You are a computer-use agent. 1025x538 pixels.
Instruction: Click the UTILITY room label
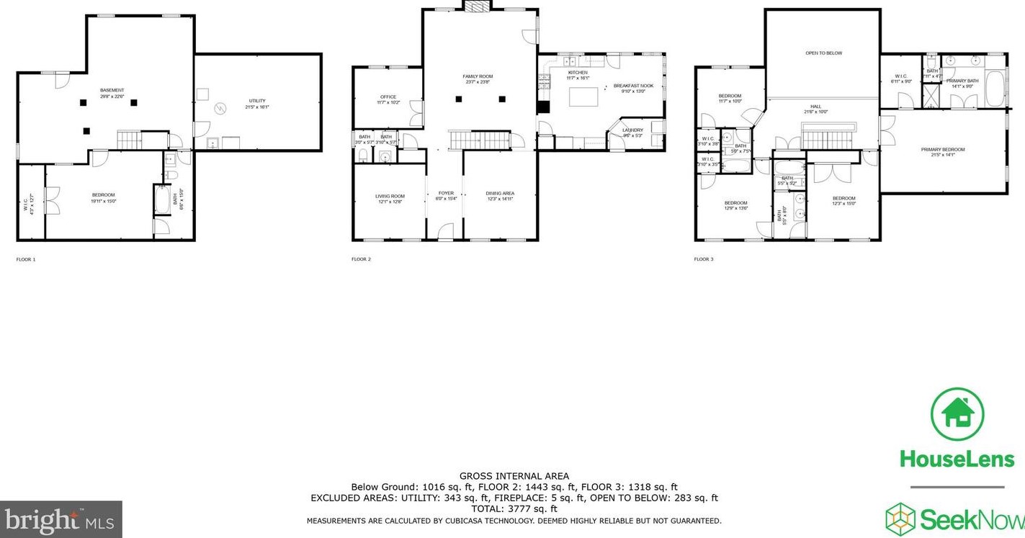(x=257, y=100)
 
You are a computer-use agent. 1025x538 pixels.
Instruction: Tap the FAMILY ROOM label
(x=477, y=76)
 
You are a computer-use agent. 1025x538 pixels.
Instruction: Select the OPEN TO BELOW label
(x=823, y=53)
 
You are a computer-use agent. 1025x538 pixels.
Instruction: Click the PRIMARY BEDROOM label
(x=942, y=150)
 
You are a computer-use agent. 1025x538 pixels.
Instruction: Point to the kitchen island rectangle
(x=583, y=97)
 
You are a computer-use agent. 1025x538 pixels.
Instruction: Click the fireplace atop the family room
(x=477, y=6)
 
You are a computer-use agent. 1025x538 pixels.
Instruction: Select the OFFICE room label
(x=388, y=97)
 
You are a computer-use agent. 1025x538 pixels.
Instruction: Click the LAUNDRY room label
(x=632, y=130)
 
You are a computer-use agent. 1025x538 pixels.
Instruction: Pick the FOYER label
(x=447, y=193)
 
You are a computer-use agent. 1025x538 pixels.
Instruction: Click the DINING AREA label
(x=500, y=193)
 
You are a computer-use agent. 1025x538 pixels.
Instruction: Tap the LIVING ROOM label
(x=390, y=196)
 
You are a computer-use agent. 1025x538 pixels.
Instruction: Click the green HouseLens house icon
(x=957, y=414)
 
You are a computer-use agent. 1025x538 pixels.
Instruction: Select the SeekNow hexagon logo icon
(x=900, y=518)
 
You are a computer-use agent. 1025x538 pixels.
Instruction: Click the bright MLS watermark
(x=61, y=519)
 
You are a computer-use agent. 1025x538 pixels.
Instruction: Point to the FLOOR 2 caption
(x=361, y=259)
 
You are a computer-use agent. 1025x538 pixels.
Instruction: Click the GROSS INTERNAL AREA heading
(x=514, y=476)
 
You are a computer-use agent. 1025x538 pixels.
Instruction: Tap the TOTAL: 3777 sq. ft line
(x=514, y=508)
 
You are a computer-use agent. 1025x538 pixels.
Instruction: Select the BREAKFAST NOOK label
(x=633, y=86)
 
